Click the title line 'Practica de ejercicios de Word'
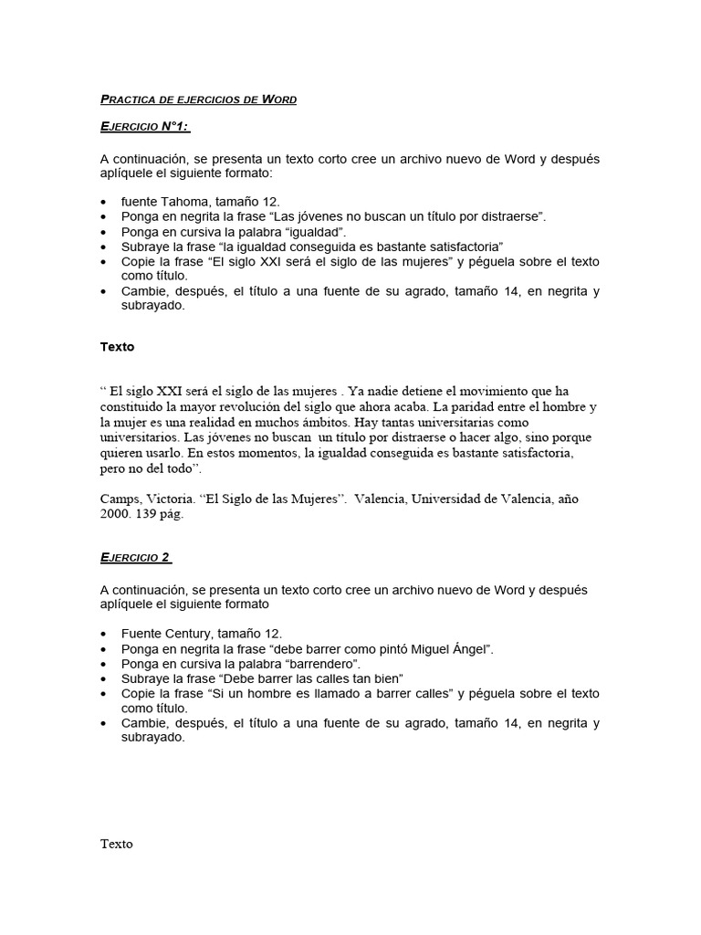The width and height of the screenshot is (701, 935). (x=198, y=100)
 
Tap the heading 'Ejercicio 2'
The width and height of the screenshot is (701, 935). (x=136, y=558)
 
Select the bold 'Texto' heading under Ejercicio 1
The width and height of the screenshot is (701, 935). (x=117, y=347)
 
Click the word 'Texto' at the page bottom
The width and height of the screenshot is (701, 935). (x=117, y=844)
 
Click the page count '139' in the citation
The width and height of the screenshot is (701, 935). (x=149, y=514)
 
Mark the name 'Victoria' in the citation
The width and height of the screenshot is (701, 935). (x=171, y=499)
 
